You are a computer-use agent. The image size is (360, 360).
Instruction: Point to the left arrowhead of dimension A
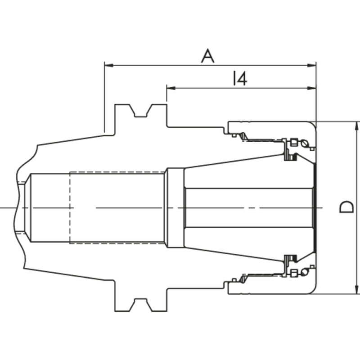[108, 65]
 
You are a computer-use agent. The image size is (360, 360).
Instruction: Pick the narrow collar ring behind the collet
[175, 207]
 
